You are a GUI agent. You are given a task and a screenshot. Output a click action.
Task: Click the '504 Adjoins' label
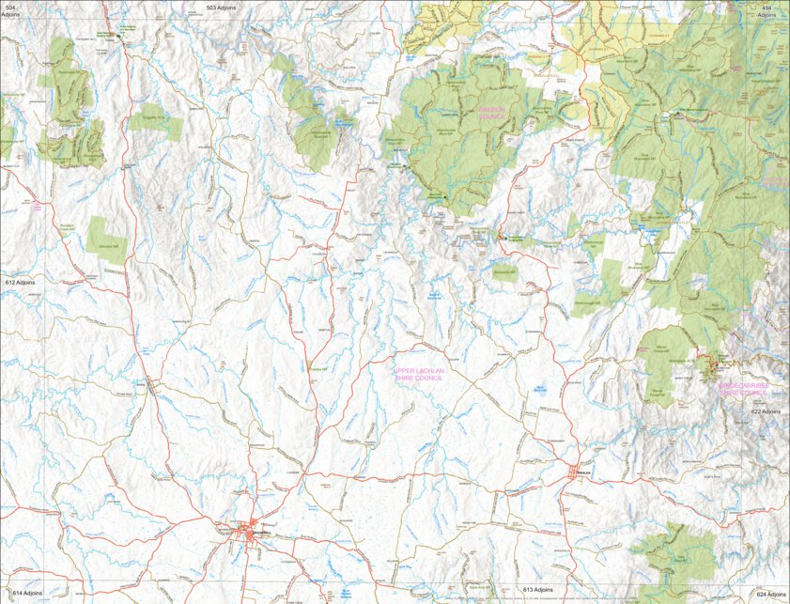coord(10,10)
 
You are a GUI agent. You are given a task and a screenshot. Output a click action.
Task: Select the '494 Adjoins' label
coord(767,10)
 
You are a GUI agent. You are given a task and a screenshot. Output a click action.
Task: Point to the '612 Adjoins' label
coord(19,282)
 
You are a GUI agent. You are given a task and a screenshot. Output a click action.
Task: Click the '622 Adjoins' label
coord(766,411)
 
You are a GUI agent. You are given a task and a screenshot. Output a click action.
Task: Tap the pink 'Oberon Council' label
coord(492,113)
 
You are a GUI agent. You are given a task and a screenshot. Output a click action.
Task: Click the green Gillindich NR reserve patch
coord(106,240)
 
